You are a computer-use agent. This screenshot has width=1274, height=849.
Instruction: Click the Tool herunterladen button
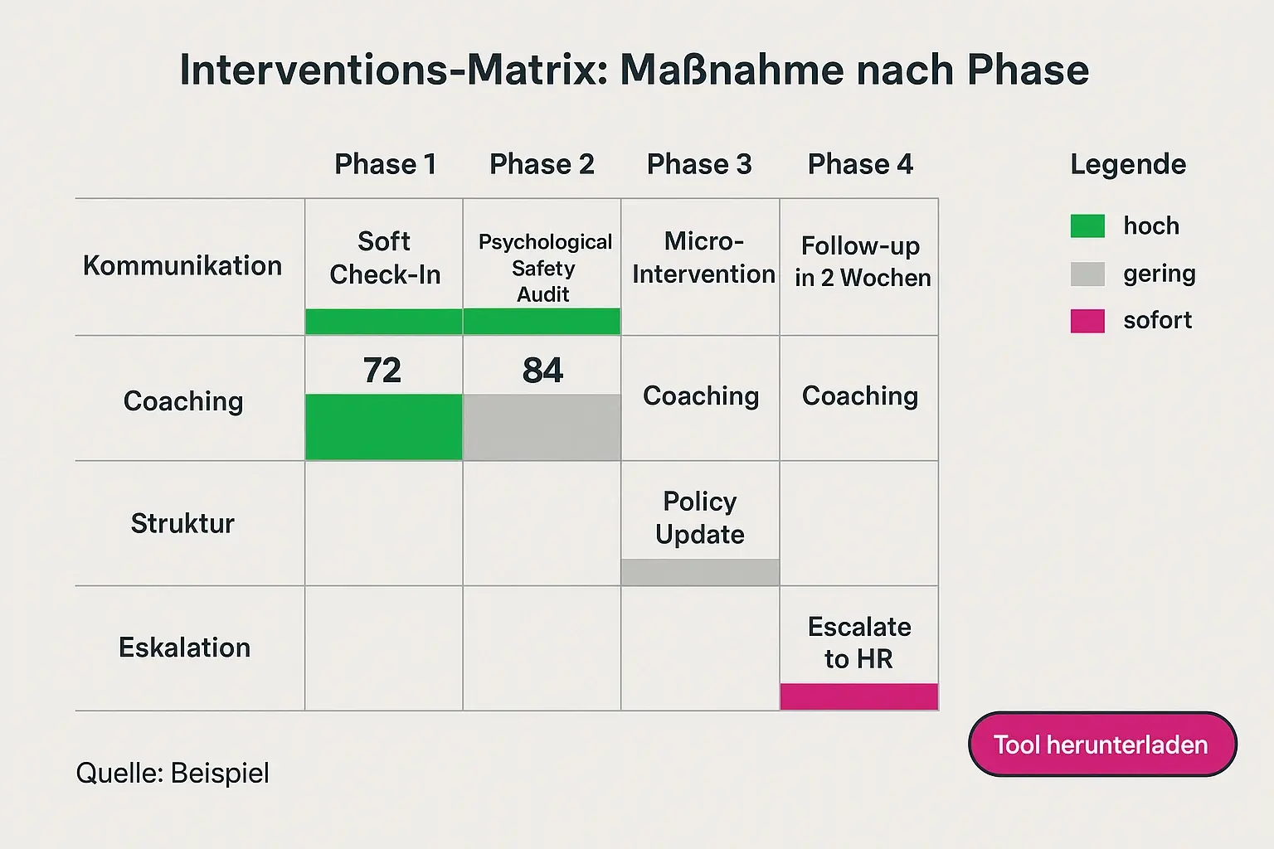click(1101, 745)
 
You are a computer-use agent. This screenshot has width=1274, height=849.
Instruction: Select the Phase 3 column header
click(699, 164)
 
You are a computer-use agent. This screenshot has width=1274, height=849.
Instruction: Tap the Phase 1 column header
click(385, 164)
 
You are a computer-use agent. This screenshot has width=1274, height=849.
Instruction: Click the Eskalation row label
click(184, 648)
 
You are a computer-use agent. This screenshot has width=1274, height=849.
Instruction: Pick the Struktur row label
click(182, 523)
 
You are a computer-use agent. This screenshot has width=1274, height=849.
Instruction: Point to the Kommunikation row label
click(182, 266)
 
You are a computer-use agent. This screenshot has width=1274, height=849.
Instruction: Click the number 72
click(382, 370)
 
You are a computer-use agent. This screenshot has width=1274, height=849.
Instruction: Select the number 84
click(542, 370)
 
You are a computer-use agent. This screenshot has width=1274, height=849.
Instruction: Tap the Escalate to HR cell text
click(859, 643)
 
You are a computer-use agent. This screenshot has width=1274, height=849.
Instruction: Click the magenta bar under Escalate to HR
click(859, 696)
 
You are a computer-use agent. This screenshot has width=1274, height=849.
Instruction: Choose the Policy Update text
click(700, 517)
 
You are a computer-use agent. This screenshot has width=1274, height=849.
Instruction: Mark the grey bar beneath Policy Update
click(700, 572)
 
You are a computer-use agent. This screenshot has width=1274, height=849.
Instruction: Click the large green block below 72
click(384, 427)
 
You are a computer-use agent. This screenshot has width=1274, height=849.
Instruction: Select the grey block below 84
click(542, 427)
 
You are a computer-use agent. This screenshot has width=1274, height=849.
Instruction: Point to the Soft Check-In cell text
click(385, 258)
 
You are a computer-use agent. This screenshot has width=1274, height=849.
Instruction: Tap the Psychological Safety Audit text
click(544, 268)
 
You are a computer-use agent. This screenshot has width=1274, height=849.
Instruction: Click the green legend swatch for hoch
click(1087, 226)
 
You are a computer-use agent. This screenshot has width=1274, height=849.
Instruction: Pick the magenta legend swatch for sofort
click(1087, 321)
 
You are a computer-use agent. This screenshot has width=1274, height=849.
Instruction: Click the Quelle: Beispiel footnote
click(173, 773)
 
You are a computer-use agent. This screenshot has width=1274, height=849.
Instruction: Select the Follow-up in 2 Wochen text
click(862, 262)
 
